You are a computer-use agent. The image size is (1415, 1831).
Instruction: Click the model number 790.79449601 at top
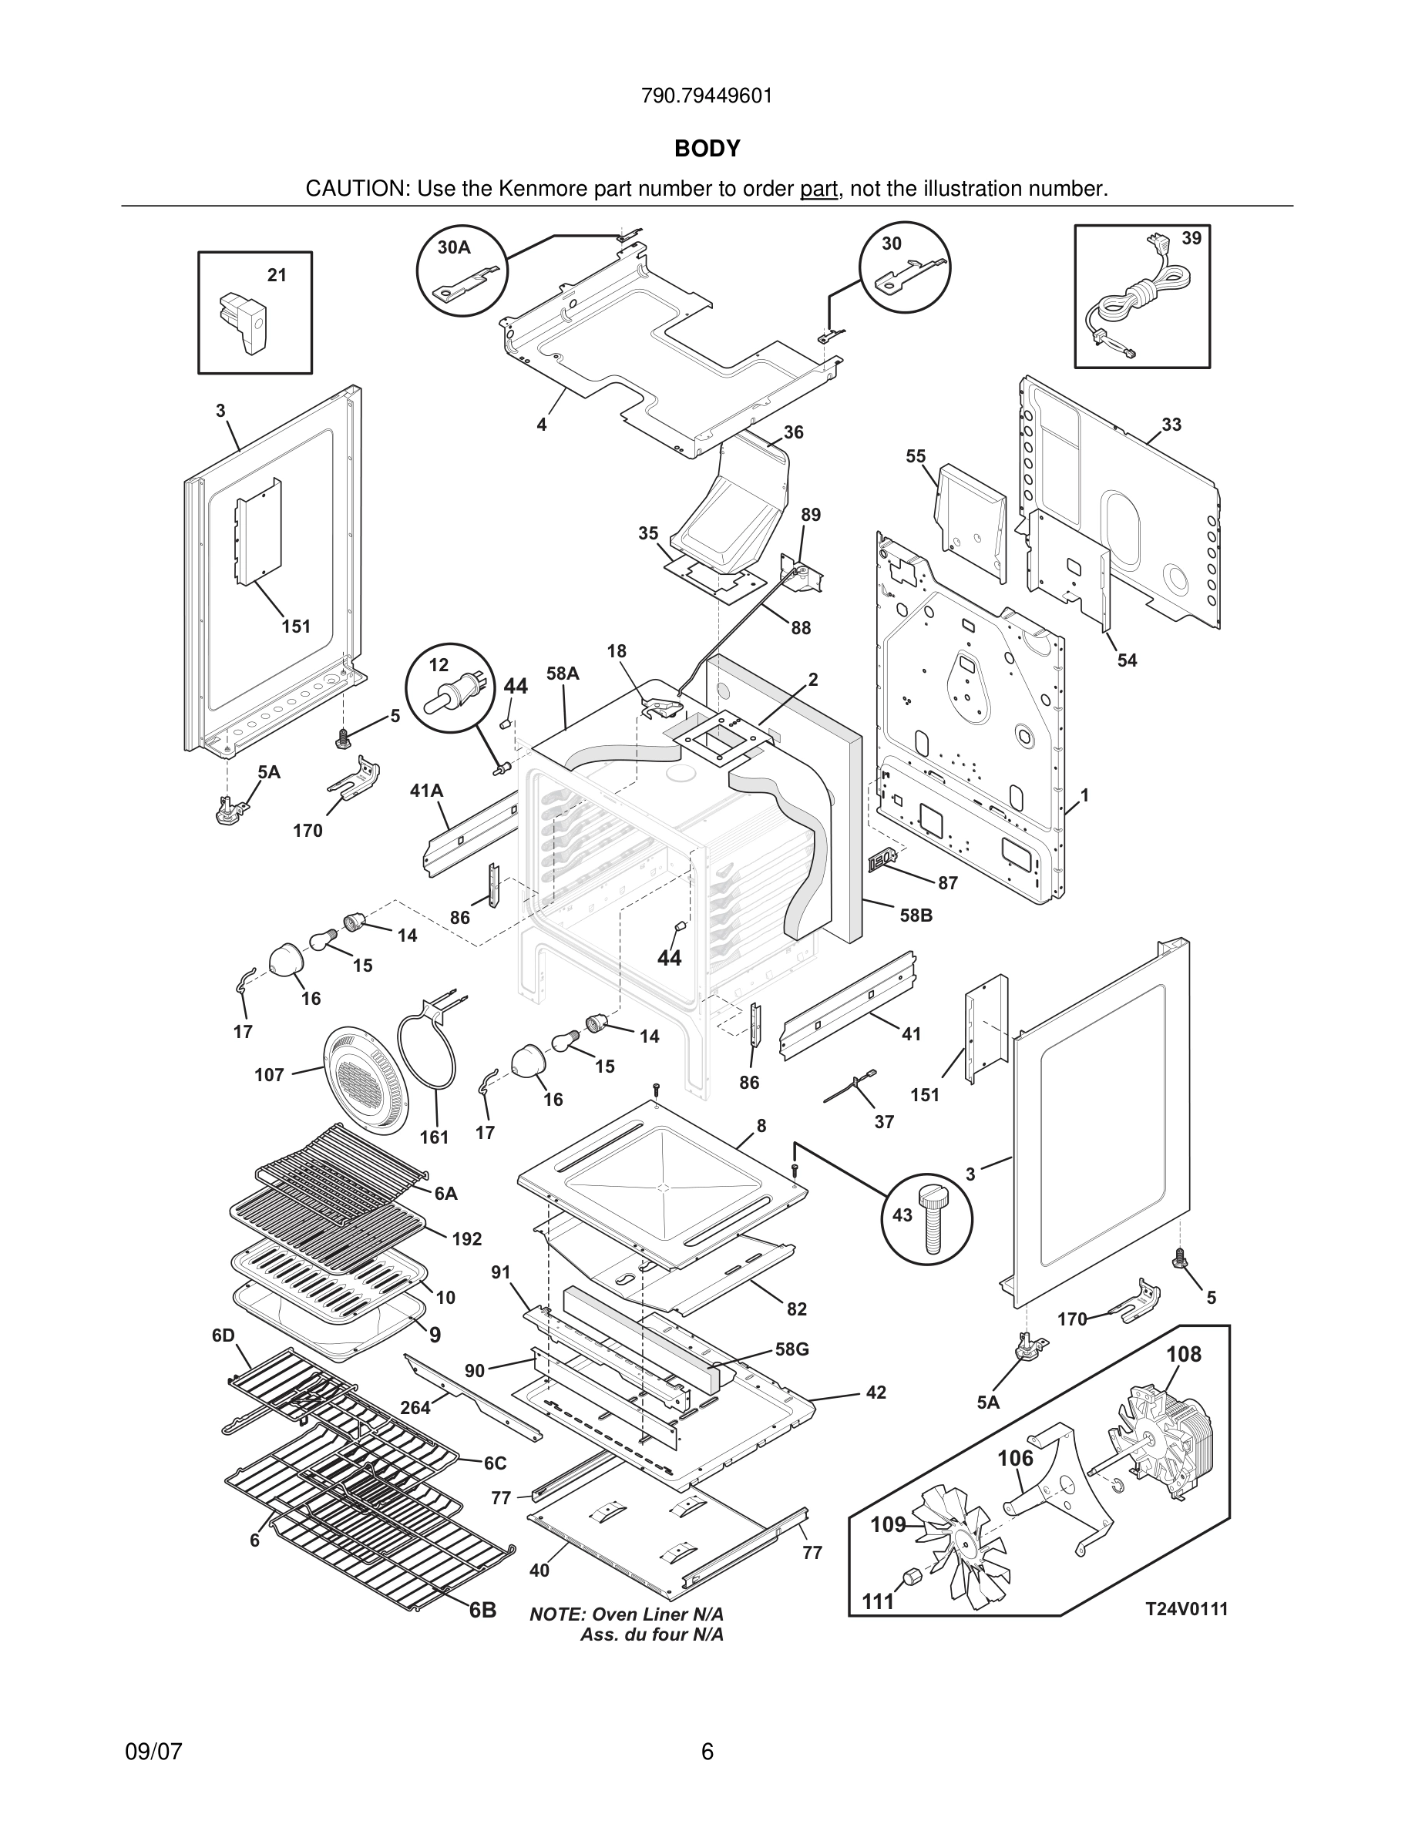(x=707, y=96)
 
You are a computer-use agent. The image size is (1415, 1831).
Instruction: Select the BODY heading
(x=707, y=149)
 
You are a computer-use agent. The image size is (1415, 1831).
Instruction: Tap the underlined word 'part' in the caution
(x=818, y=190)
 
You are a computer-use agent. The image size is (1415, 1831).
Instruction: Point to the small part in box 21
(x=242, y=323)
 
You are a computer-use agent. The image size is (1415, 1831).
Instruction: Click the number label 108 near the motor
(x=1184, y=1354)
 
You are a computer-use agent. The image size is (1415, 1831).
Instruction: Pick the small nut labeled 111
(x=908, y=1581)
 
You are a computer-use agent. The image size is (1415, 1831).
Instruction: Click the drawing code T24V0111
(x=1186, y=1608)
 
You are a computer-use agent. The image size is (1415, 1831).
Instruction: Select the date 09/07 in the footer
(x=153, y=1752)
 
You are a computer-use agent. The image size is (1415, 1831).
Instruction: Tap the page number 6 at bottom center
(x=707, y=1752)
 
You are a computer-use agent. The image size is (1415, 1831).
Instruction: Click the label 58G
(x=792, y=1349)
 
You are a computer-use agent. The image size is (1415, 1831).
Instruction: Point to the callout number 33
(x=1171, y=425)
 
